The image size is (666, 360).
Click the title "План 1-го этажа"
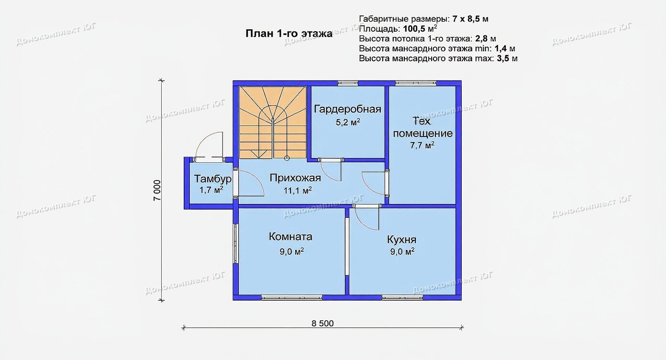coord(289,34)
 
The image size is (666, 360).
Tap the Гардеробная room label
coord(347,109)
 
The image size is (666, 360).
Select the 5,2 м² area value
coord(348,122)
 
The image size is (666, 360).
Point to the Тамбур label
coord(212,179)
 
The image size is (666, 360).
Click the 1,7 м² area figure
coord(211,190)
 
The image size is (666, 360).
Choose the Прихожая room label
coord(295,178)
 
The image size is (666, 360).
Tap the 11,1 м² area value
coord(297,191)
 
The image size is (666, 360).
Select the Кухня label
coord(402,239)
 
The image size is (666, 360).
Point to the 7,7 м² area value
coord(422,145)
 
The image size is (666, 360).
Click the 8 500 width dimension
coord(322,324)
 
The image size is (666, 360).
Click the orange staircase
coord(273,123)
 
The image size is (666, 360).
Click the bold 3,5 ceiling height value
coord(503,58)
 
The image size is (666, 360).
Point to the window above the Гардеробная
coord(348,83)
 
